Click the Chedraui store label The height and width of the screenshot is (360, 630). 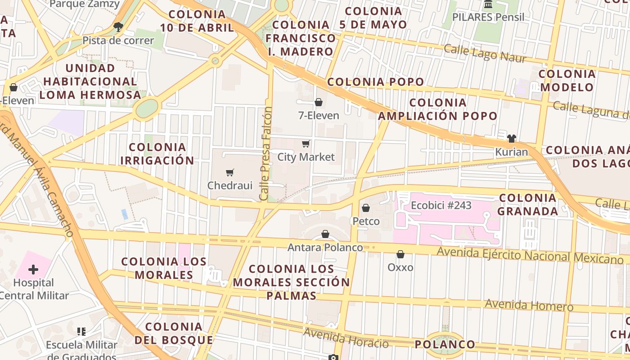click(229, 185)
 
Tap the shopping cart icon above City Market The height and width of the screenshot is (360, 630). click(306, 144)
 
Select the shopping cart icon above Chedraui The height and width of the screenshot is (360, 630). click(230, 172)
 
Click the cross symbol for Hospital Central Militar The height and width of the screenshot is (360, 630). click(33, 270)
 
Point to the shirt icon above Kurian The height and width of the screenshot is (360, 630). click(511, 139)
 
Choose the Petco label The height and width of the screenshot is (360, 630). click(366, 221)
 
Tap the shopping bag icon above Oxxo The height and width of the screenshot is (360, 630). click(400, 254)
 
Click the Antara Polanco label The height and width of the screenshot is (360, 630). click(325, 247)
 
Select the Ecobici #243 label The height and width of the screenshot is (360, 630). click(441, 206)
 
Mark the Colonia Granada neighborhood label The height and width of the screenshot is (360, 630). click(528, 204)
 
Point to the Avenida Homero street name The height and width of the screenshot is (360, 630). click(529, 305)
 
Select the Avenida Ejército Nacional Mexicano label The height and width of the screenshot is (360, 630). click(530, 256)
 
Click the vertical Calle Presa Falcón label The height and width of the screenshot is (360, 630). click(266, 153)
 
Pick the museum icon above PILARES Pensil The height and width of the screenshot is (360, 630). click(488, 4)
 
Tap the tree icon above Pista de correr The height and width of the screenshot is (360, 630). click(118, 27)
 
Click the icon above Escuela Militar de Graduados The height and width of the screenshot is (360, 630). click(81, 332)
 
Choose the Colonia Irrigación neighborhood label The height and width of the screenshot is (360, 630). click(157, 153)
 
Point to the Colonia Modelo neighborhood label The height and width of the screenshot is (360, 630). click(567, 80)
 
